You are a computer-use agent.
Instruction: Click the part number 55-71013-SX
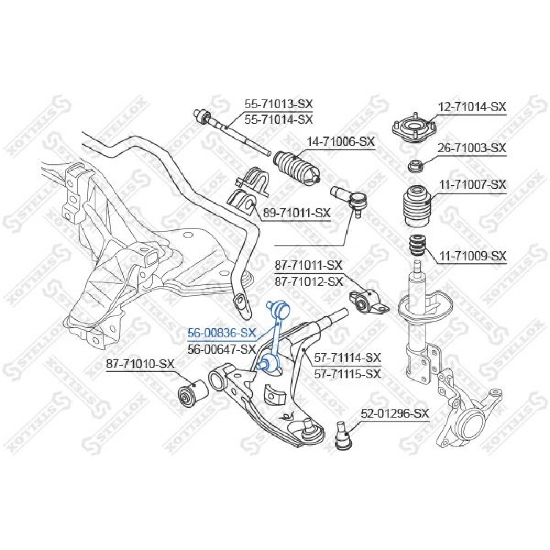pos(278,103)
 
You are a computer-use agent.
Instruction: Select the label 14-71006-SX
pos(340,142)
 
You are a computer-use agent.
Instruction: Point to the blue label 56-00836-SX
pos(222,333)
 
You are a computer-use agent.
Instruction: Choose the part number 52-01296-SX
pos(395,414)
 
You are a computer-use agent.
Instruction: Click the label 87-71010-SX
pos(140,364)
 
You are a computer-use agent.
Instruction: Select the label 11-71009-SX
pos(472,256)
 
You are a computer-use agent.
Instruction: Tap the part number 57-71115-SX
pos(347,374)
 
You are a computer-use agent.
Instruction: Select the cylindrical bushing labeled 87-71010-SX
pos(193,394)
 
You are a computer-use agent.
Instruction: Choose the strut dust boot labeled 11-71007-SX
pos(416,207)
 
